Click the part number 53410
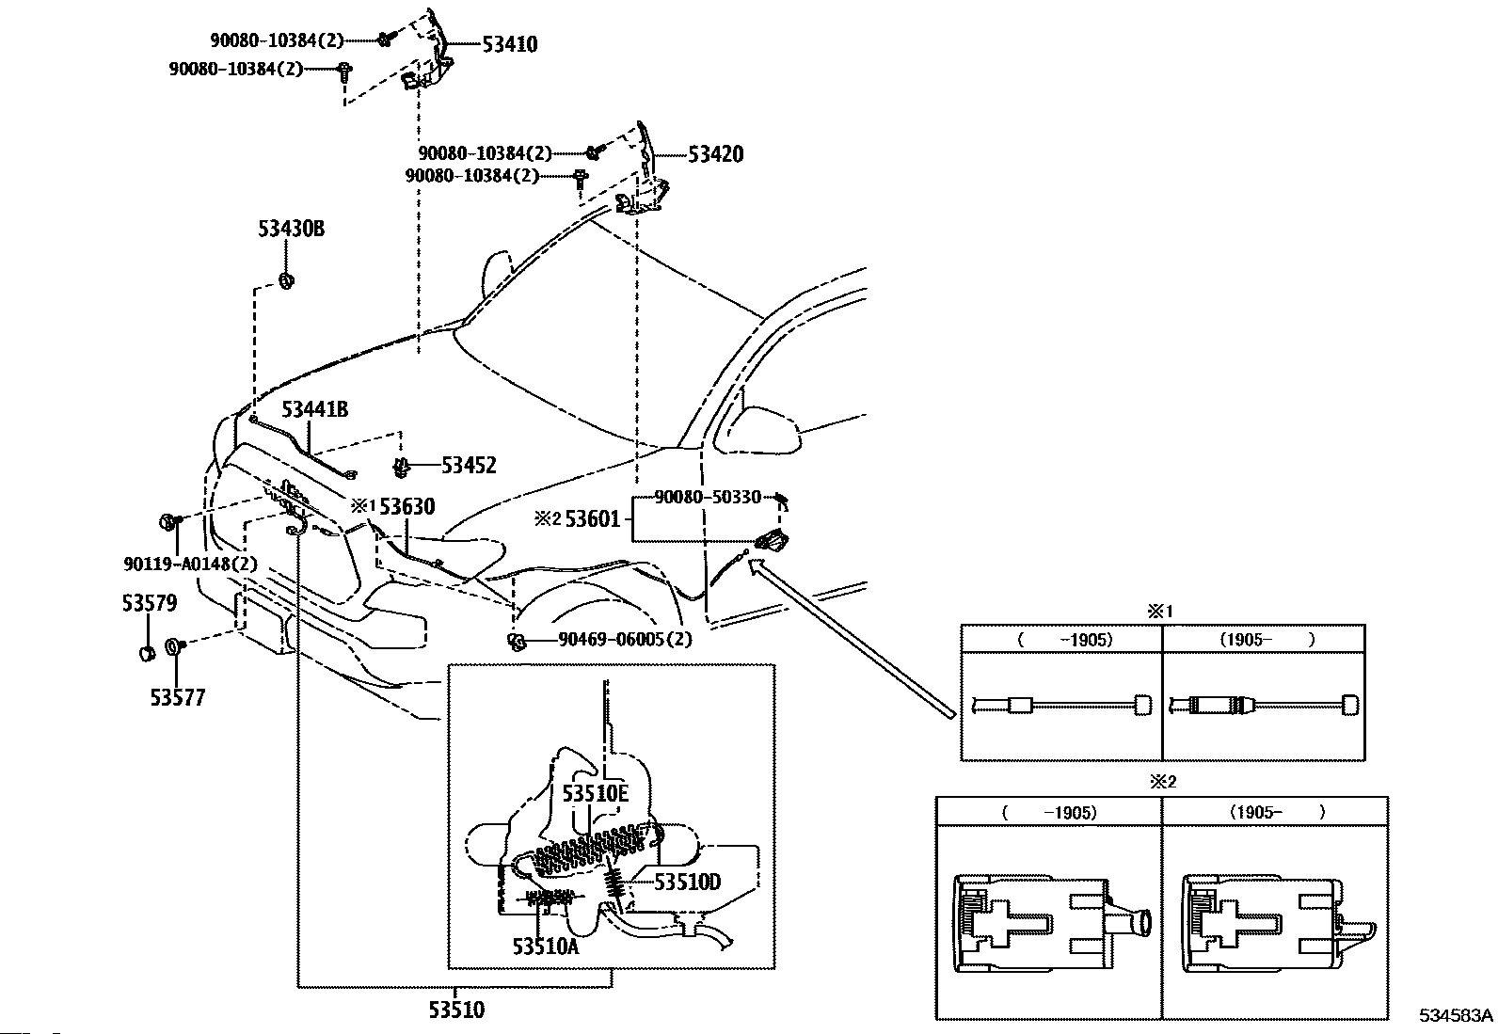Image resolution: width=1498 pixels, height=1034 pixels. [x=510, y=45]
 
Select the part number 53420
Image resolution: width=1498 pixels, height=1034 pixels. [x=715, y=154]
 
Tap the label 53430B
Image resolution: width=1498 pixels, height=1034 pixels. [x=292, y=229]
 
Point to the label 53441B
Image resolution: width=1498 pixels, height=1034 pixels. [x=315, y=409]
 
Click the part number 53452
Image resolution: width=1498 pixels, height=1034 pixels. [x=469, y=466]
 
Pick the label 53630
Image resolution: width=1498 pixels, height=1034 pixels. [x=407, y=507]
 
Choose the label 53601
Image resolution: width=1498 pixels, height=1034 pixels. [x=593, y=519]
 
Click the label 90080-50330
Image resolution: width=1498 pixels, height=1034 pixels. [x=708, y=497]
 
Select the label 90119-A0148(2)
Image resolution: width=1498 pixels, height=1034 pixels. [x=191, y=564]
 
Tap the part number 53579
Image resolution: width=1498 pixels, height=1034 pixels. [x=150, y=603]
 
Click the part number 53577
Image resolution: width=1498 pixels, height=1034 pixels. [x=177, y=698]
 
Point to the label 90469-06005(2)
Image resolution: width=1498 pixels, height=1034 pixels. [x=626, y=640]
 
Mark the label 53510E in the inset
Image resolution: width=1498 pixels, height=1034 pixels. [x=596, y=794]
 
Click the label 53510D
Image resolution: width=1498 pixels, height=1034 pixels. [x=688, y=883]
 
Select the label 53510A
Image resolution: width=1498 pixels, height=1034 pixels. [x=546, y=947]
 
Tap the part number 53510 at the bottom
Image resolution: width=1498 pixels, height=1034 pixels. [x=456, y=1010]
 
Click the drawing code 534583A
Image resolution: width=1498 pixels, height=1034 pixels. [x=1456, y=1015]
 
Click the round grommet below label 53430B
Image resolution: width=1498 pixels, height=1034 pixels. [x=286, y=281]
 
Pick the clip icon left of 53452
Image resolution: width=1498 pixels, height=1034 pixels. [x=402, y=467]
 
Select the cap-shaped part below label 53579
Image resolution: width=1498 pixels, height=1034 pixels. [x=147, y=654]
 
